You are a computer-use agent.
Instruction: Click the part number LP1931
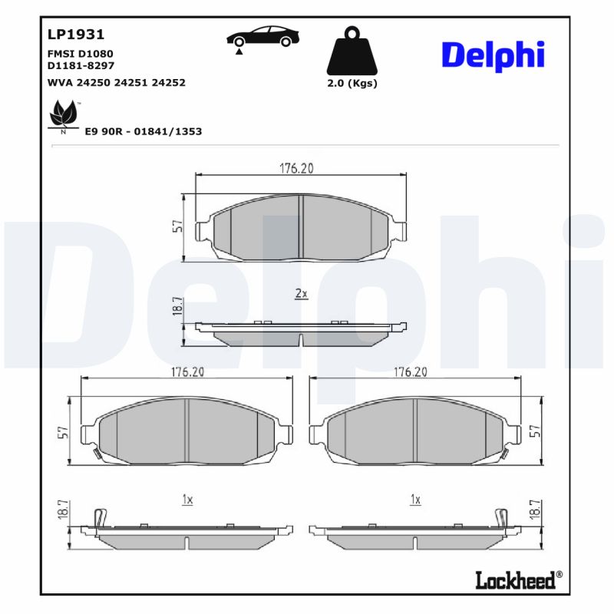(x=76, y=35)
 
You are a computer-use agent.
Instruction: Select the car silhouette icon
(x=262, y=38)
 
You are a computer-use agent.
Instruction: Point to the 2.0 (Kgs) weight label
(x=352, y=84)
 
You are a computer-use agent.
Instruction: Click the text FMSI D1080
(x=80, y=54)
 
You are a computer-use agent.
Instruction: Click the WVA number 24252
(x=170, y=82)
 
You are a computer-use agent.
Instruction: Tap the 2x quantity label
(x=301, y=293)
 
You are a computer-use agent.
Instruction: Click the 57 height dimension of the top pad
(x=177, y=226)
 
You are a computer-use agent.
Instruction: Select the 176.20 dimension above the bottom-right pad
(x=411, y=371)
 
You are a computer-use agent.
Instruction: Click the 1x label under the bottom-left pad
(x=187, y=500)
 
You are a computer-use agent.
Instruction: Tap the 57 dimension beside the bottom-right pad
(x=535, y=432)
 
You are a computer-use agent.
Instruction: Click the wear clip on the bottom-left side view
(x=97, y=519)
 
